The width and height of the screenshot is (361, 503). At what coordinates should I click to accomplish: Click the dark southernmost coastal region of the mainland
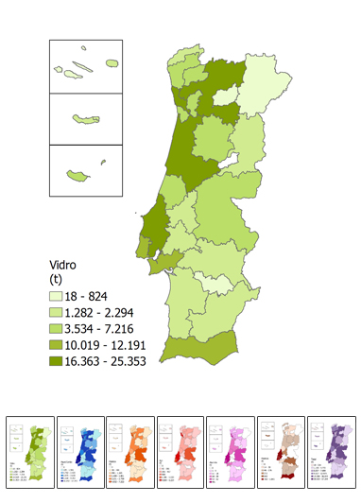point(198,350)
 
